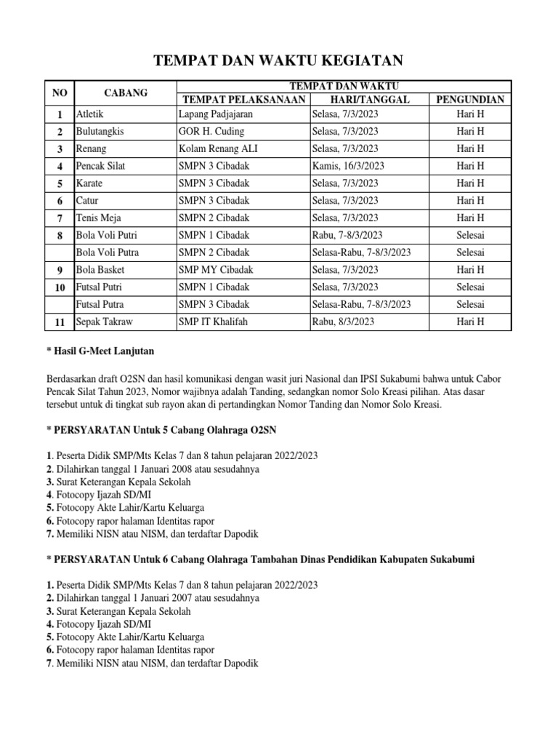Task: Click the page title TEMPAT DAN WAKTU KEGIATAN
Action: click(x=279, y=60)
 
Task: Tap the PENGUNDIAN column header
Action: click(x=470, y=100)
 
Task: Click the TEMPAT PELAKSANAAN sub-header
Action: click(x=243, y=100)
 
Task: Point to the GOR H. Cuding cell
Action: click(x=211, y=132)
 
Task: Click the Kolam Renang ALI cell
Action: click(x=216, y=148)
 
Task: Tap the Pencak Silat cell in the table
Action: click(x=100, y=166)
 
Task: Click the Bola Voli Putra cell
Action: click(x=107, y=252)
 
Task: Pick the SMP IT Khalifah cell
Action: click(x=214, y=322)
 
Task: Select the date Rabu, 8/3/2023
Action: click(x=343, y=322)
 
